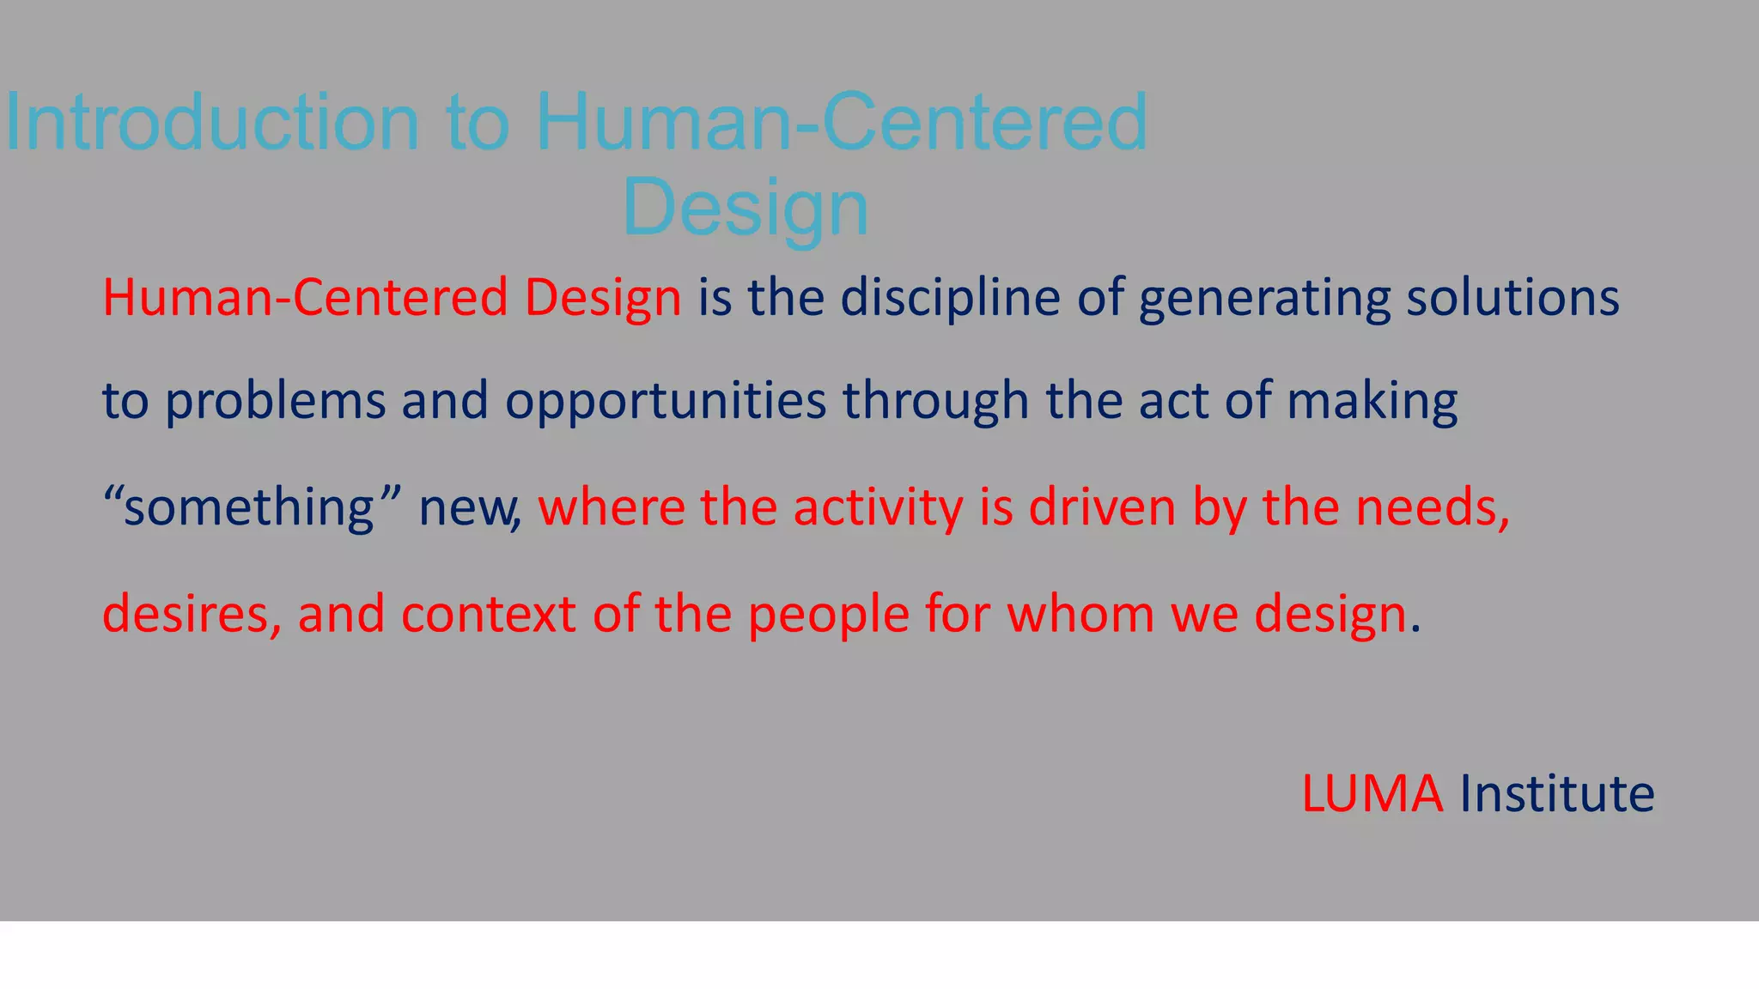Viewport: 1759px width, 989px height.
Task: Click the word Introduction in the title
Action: (x=212, y=123)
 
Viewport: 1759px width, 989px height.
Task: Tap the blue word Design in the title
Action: (x=745, y=209)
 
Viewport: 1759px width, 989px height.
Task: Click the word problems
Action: (x=275, y=402)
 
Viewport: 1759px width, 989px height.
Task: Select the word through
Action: (x=935, y=402)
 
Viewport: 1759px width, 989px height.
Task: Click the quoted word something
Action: (x=249, y=507)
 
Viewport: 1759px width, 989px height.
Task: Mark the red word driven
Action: (x=1102, y=507)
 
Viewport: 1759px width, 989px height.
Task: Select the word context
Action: (x=488, y=615)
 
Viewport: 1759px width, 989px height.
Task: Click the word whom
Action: (x=1080, y=615)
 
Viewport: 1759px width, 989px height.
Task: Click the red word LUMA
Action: (x=1372, y=793)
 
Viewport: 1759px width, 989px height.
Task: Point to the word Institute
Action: (x=1557, y=793)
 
